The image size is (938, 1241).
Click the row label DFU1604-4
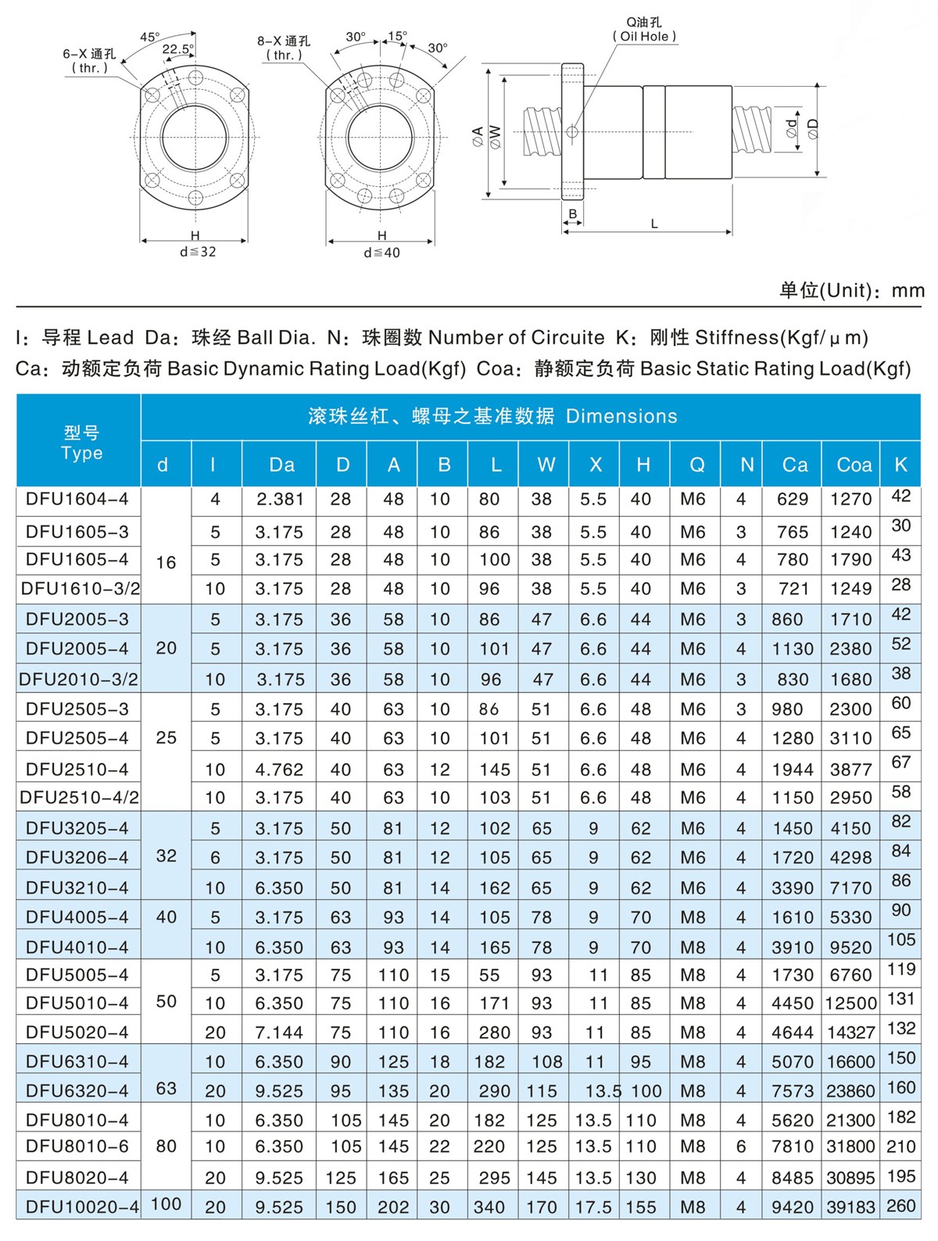tap(77, 499)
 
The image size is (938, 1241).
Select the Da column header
tap(281, 464)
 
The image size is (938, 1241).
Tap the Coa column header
tap(854, 464)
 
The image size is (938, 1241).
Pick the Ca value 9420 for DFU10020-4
tap(793, 1207)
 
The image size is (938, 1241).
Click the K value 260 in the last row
tap(901, 1206)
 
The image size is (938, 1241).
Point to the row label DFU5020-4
tap(77, 1032)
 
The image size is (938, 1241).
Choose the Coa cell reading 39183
tap(851, 1207)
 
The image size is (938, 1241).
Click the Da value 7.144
tap(279, 1032)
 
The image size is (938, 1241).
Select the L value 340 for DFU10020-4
tap(489, 1207)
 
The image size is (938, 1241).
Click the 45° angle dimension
tap(150, 37)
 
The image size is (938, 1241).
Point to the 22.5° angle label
tap(177, 49)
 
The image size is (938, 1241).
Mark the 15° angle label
tap(397, 36)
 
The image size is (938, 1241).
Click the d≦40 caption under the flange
tap(381, 253)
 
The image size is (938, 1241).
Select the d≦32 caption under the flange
tap(197, 252)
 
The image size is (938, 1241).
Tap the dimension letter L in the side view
tap(654, 224)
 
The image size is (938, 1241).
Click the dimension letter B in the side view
tap(573, 213)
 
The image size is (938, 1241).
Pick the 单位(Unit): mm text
tap(851, 290)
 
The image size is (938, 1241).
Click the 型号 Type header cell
tap(81, 443)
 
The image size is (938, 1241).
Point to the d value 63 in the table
tap(166, 1088)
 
